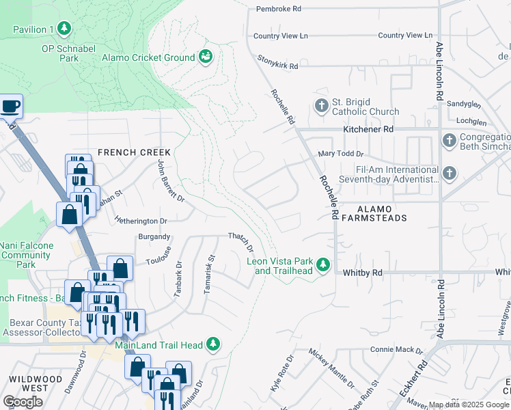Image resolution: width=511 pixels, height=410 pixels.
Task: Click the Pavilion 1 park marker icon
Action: coord(64,29)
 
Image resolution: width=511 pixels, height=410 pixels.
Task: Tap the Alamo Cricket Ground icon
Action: coord(205,57)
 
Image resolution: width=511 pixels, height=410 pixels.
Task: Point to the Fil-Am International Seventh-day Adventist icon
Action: coord(450,174)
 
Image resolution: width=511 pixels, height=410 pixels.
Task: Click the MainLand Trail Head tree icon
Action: coord(214,345)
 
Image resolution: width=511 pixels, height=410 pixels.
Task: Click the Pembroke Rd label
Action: coord(278,9)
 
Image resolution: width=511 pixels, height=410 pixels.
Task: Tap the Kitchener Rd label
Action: coord(368,128)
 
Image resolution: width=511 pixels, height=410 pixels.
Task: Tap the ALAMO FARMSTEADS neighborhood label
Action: coord(373,213)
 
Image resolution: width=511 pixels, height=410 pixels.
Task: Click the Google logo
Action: coord(23,402)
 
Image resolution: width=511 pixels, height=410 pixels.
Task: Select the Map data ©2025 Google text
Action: coord(469,405)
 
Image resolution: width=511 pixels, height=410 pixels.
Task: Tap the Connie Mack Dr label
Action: coord(397,349)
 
